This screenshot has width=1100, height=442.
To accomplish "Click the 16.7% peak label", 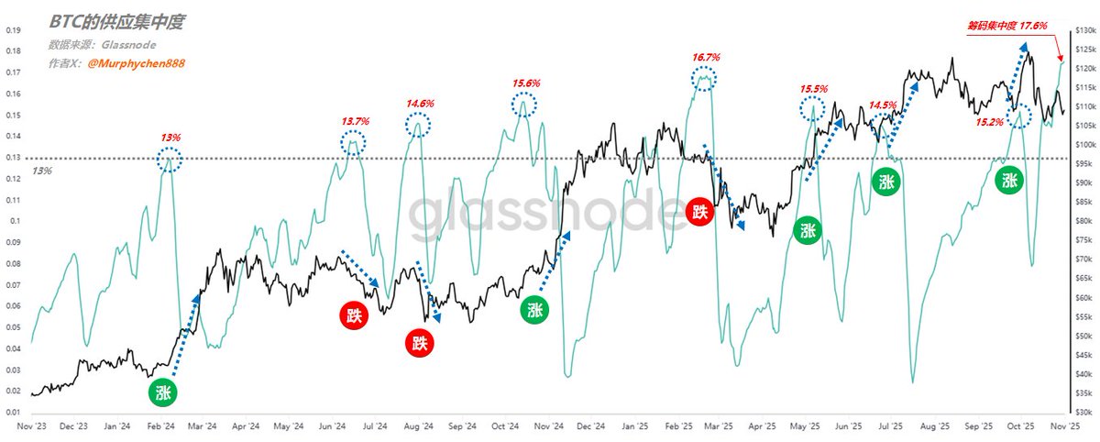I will click(706, 57).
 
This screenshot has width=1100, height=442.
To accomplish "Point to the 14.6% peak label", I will click(419, 103).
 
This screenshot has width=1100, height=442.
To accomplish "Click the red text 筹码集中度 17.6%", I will click(1006, 27).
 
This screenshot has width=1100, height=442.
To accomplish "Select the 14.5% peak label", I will click(884, 105).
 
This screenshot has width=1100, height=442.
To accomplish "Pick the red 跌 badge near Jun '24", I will click(355, 315).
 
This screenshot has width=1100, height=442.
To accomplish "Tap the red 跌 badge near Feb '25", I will click(701, 212).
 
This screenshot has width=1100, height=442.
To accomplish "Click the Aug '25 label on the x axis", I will click(934, 426).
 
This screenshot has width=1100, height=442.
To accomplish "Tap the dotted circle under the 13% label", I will click(170, 160).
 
